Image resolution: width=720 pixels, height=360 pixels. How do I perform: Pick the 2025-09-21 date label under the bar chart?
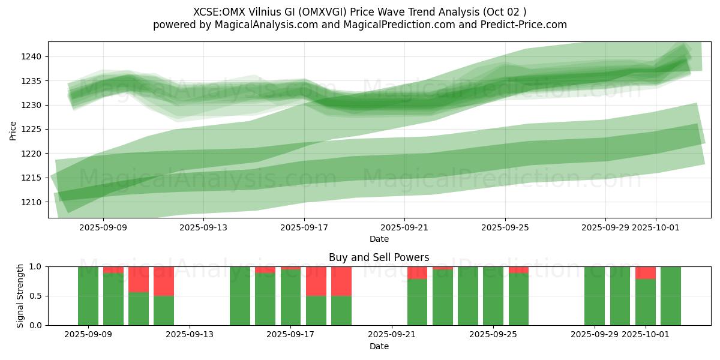click(x=391, y=335)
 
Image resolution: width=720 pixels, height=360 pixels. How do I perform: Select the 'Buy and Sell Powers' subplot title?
click(x=379, y=257)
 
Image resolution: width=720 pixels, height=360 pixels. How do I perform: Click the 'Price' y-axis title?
click(x=13, y=131)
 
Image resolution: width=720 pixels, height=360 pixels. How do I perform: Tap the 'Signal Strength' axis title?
click(x=20, y=296)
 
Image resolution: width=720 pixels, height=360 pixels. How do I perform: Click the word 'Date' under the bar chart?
click(x=379, y=346)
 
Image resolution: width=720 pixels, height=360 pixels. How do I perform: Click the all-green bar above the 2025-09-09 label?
click(x=88, y=296)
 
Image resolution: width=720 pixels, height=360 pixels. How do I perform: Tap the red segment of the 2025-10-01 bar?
click(x=646, y=273)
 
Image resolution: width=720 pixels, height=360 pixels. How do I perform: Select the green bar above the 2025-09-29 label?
click(x=595, y=296)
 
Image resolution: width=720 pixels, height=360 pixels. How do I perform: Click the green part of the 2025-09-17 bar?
click(x=291, y=298)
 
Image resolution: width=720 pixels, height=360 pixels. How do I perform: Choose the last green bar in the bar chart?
click(x=671, y=296)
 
